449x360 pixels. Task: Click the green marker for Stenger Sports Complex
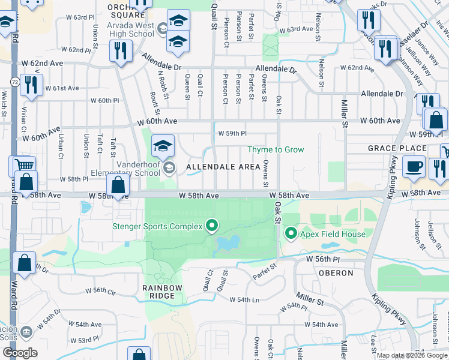(211, 226)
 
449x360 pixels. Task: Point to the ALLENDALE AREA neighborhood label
(223, 166)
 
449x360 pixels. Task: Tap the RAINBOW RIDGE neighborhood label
(162, 293)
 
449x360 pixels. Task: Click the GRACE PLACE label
(389, 148)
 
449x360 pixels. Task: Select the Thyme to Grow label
(277, 149)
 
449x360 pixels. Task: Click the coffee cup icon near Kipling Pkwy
(413, 167)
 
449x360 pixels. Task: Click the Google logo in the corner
(19, 352)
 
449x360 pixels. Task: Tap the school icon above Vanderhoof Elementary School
(163, 146)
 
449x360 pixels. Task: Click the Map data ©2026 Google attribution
(412, 355)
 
